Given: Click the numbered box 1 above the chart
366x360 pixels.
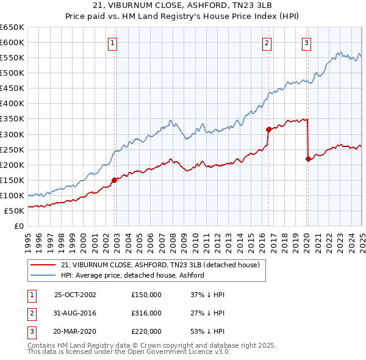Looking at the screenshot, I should [114, 43].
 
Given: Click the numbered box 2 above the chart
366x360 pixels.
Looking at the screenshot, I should [268, 43].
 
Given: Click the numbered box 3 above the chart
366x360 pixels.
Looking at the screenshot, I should [306, 43].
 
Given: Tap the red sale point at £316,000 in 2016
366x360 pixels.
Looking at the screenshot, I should [268, 129].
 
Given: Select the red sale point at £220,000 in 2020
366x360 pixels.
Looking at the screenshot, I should [308, 159].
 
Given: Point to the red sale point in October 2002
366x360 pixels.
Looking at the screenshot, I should [115, 179].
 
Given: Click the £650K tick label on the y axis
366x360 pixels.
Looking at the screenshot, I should [12, 27].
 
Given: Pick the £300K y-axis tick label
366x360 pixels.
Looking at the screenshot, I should [12, 134].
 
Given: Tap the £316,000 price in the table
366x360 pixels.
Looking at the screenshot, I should [146, 313].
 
